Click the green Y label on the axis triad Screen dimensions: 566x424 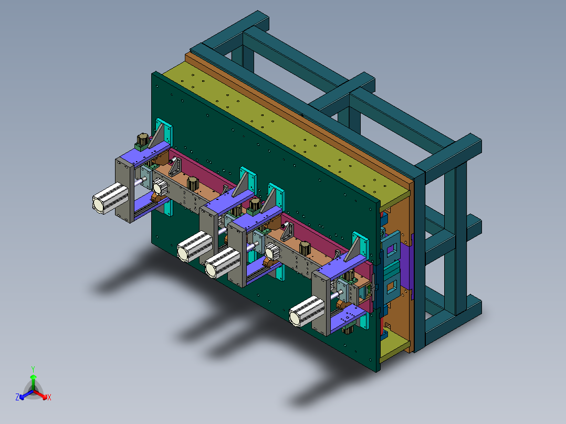point(33,369)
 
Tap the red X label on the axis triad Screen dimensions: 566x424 point(49,397)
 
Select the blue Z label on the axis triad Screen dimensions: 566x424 point(17,397)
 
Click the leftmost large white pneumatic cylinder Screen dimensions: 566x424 point(110,198)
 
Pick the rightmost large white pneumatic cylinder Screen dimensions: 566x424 point(307,311)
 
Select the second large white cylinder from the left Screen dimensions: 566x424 point(195,247)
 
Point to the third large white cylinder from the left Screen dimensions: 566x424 point(223,263)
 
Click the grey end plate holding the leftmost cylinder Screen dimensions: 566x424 point(125,190)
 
